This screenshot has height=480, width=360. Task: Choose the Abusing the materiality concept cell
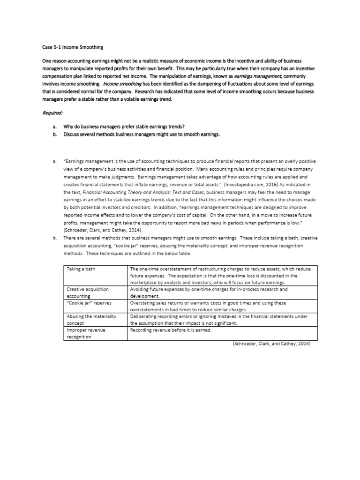91,320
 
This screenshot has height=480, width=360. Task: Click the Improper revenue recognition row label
87,333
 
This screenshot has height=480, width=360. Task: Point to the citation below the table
272,343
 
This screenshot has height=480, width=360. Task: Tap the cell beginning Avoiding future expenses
209,293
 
